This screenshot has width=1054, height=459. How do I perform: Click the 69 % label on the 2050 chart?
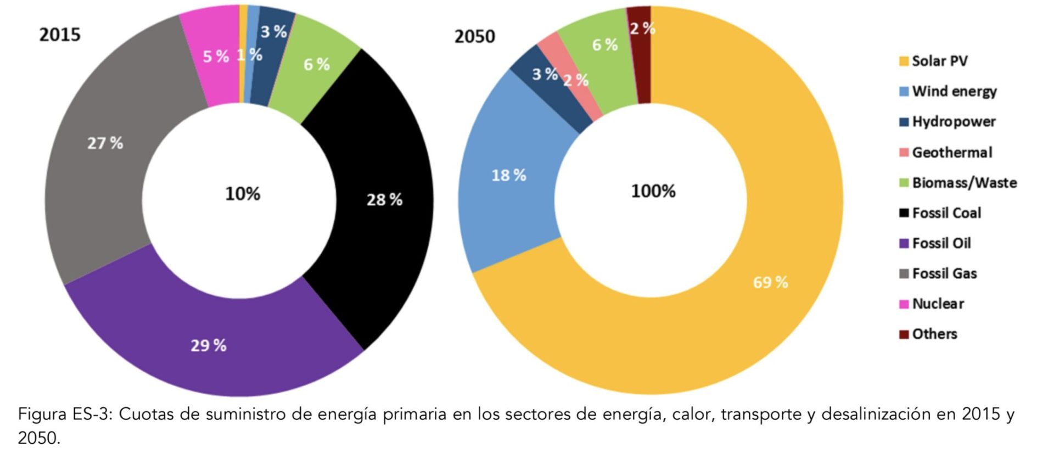tap(770, 282)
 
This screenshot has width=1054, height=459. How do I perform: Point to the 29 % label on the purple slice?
tap(208, 345)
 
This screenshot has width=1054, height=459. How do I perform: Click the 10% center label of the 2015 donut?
tap(243, 194)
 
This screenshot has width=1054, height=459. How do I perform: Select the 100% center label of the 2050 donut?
tap(653, 191)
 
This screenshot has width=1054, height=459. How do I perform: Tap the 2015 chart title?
tap(60, 35)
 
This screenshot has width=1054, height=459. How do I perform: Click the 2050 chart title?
tap(474, 37)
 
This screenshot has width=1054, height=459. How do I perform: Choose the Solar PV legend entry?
tap(939, 61)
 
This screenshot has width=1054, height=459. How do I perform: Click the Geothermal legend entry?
tap(951, 152)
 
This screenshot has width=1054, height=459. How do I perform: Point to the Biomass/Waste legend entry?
tap(964, 183)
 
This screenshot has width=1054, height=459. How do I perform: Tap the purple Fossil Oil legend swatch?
tap(904, 243)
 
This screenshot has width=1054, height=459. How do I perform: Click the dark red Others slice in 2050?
tap(640, 55)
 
